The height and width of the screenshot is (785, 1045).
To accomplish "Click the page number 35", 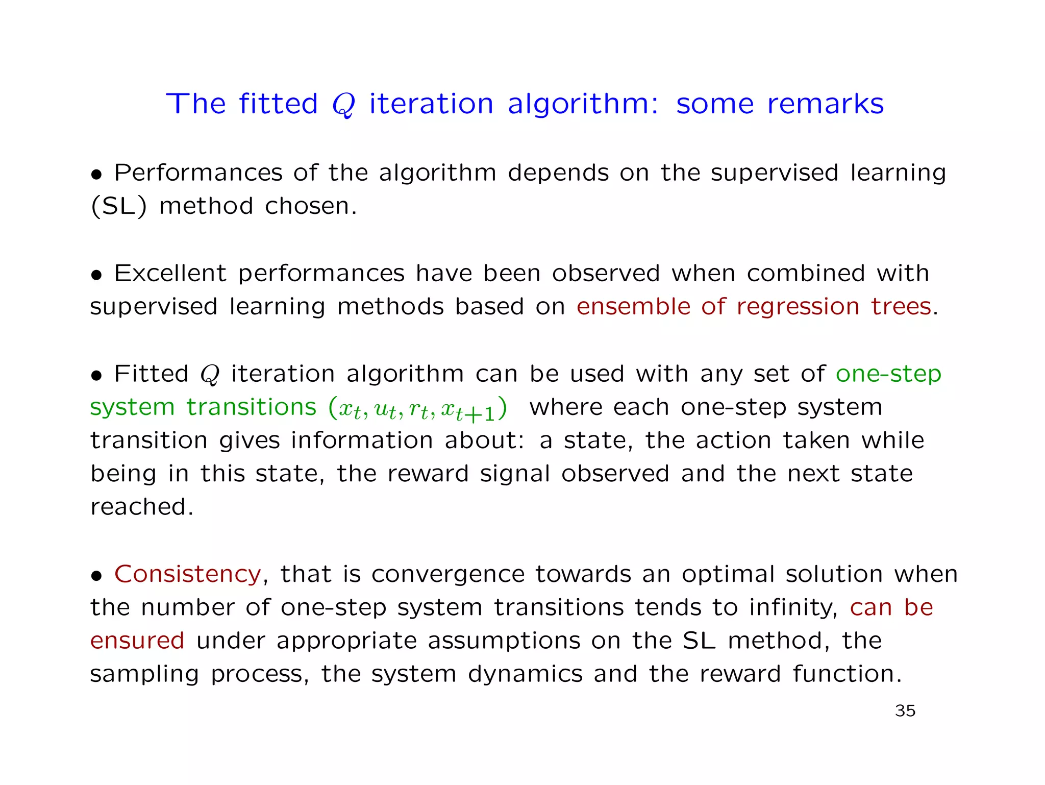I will point(905,710).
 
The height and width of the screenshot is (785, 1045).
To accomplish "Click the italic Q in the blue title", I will point(343,105).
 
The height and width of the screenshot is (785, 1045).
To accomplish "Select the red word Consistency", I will point(188,574).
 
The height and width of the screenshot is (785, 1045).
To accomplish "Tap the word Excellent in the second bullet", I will point(170,273).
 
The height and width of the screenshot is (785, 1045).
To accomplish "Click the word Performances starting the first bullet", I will point(198,173).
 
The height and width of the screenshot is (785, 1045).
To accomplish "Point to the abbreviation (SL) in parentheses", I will point(118,206).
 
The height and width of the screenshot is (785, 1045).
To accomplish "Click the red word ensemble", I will point(633,307).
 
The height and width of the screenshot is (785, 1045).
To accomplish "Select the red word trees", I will point(901,307).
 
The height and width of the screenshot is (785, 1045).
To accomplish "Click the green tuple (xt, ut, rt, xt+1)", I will point(418,408).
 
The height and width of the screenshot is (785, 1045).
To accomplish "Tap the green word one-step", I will point(888,374).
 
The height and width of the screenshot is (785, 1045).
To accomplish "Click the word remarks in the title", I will point(825,104).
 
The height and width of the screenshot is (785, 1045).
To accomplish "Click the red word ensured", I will point(137,641).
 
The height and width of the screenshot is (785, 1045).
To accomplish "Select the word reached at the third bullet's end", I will point(141,507).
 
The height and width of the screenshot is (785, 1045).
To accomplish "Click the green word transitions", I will point(252,407).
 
